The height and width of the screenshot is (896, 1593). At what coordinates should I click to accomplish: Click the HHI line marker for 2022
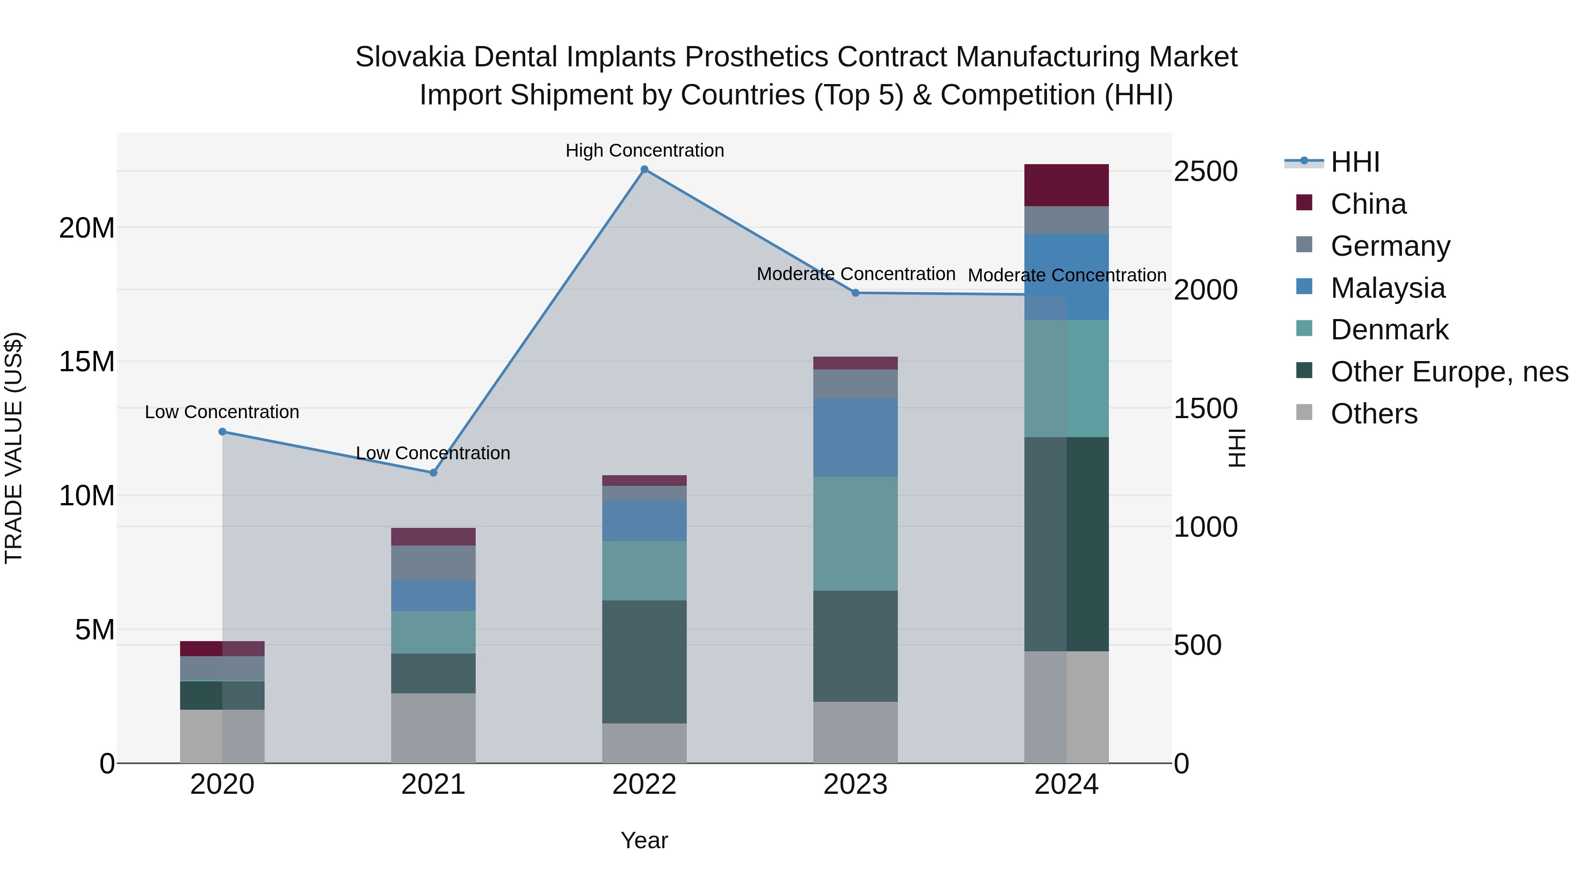click(644, 169)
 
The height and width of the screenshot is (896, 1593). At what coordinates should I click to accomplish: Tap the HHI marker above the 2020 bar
click(223, 431)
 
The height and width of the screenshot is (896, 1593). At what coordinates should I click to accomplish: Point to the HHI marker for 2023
click(856, 293)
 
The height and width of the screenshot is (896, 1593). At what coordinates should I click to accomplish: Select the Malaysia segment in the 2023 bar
click(855, 437)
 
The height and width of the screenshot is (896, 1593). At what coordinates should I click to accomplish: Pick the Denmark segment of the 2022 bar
click(644, 570)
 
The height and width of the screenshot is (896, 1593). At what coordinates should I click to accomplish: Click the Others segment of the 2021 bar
click(433, 728)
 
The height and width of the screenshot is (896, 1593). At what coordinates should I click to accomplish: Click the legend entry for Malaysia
click(1387, 288)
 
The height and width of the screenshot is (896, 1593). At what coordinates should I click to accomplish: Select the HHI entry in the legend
click(1354, 162)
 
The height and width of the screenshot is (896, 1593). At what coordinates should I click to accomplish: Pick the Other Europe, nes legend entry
click(1449, 372)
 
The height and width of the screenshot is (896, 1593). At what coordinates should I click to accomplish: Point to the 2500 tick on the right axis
click(1205, 172)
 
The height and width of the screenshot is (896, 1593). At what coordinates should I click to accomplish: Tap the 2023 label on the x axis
click(855, 784)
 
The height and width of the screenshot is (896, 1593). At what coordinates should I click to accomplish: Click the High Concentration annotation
click(644, 150)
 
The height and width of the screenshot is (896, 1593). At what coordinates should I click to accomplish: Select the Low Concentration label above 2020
click(222, 412)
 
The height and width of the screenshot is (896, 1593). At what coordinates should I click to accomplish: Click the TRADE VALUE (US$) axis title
click(14, 448)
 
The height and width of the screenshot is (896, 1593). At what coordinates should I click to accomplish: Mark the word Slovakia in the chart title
click(409, 57)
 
